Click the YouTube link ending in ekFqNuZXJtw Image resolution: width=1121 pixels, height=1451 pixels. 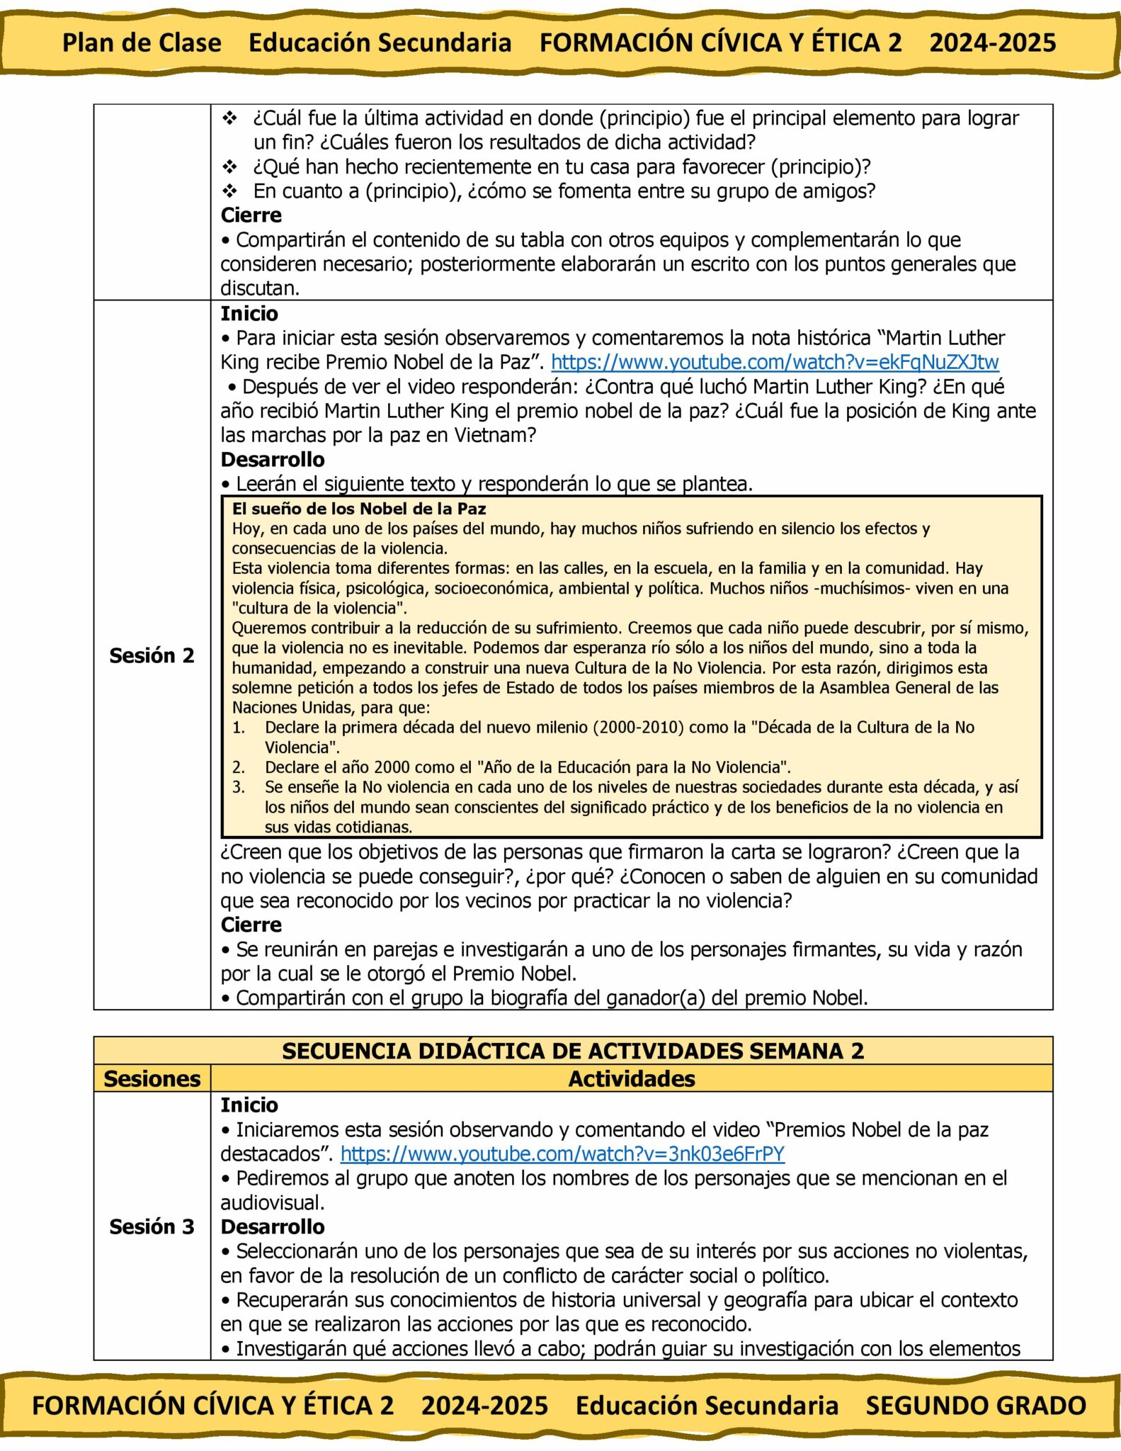[x=775, y=362]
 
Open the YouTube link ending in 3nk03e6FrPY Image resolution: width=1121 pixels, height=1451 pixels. [x=562, y=1153]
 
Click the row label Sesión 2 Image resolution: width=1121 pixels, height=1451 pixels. [x=152, y=655]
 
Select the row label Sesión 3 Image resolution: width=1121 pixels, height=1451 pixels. [x=152, y=1226]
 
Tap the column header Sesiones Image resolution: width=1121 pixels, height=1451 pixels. [x=152, y=1078]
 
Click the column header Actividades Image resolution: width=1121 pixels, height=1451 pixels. [x=632, y=1078]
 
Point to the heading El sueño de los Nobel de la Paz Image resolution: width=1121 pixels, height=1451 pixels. [x=359, y=509]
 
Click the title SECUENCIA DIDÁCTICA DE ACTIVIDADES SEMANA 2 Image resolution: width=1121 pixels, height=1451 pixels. [x=573, y=1051]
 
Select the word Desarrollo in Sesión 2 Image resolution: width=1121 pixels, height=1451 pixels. [x=273, y=460]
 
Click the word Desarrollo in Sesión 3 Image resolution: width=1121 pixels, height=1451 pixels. [x=273, y=1226]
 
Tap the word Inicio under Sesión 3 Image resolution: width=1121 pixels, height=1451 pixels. [x=249, y=1105]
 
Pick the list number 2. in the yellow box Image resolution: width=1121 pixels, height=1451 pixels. [x=239, y=767]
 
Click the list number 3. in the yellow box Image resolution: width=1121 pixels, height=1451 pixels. [x=239, y=787]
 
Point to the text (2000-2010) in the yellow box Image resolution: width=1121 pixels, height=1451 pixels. [x=639, y=728]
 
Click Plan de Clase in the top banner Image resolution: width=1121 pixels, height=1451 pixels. [x=142, y=43]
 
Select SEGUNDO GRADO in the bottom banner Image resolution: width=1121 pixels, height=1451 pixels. [x=976, y=1406]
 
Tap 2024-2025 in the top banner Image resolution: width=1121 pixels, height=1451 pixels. [x=993, y=43]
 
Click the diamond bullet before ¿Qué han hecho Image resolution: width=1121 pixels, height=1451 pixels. [x=230, y=167]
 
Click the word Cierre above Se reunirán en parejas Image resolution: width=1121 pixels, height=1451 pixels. [x=251, y=925]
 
